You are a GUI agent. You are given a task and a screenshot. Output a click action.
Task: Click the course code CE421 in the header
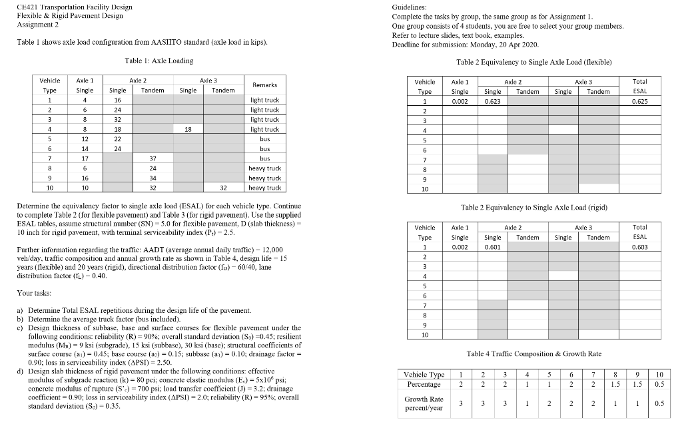click(24, 7)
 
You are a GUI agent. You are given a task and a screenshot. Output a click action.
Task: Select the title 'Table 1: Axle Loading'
click(159, 61)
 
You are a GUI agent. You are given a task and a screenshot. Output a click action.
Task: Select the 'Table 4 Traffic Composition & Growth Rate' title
click(534, 353)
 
